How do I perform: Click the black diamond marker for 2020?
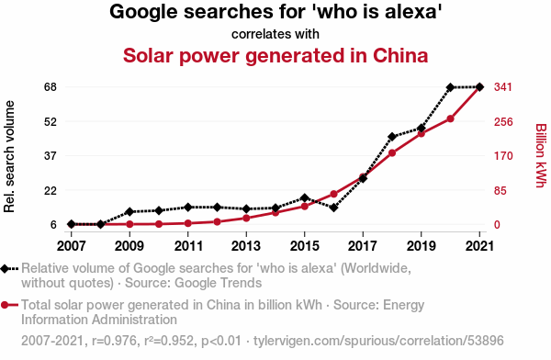[x=451, y=87]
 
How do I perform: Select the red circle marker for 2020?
[x=451, y=119]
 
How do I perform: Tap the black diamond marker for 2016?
[x=334, y=208]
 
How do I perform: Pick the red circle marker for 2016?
[x=334, y=195]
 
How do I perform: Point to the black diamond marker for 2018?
[x=392, y=137]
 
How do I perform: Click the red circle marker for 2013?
[x=246, y=219]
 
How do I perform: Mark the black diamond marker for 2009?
[x=129, y=211]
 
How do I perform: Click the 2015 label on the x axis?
[x=304, y=246]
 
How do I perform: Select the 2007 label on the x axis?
[x=72, y=246]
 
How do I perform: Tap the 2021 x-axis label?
[x=479, y=246]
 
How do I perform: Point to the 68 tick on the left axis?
[x=51, y=87]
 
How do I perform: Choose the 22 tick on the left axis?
[x=51, y=190]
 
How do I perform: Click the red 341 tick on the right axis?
[x=503, y=87]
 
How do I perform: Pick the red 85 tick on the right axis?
[x=500, y=191]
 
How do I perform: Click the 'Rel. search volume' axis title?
[x=9, y=156]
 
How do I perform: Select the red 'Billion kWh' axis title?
[x=541, y=155]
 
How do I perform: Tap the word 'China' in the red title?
[x=400, y=56]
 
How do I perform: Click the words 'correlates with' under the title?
[x=275, y=34]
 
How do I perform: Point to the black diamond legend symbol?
[x=5, y=269]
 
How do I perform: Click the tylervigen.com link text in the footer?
[x=378, y=341]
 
